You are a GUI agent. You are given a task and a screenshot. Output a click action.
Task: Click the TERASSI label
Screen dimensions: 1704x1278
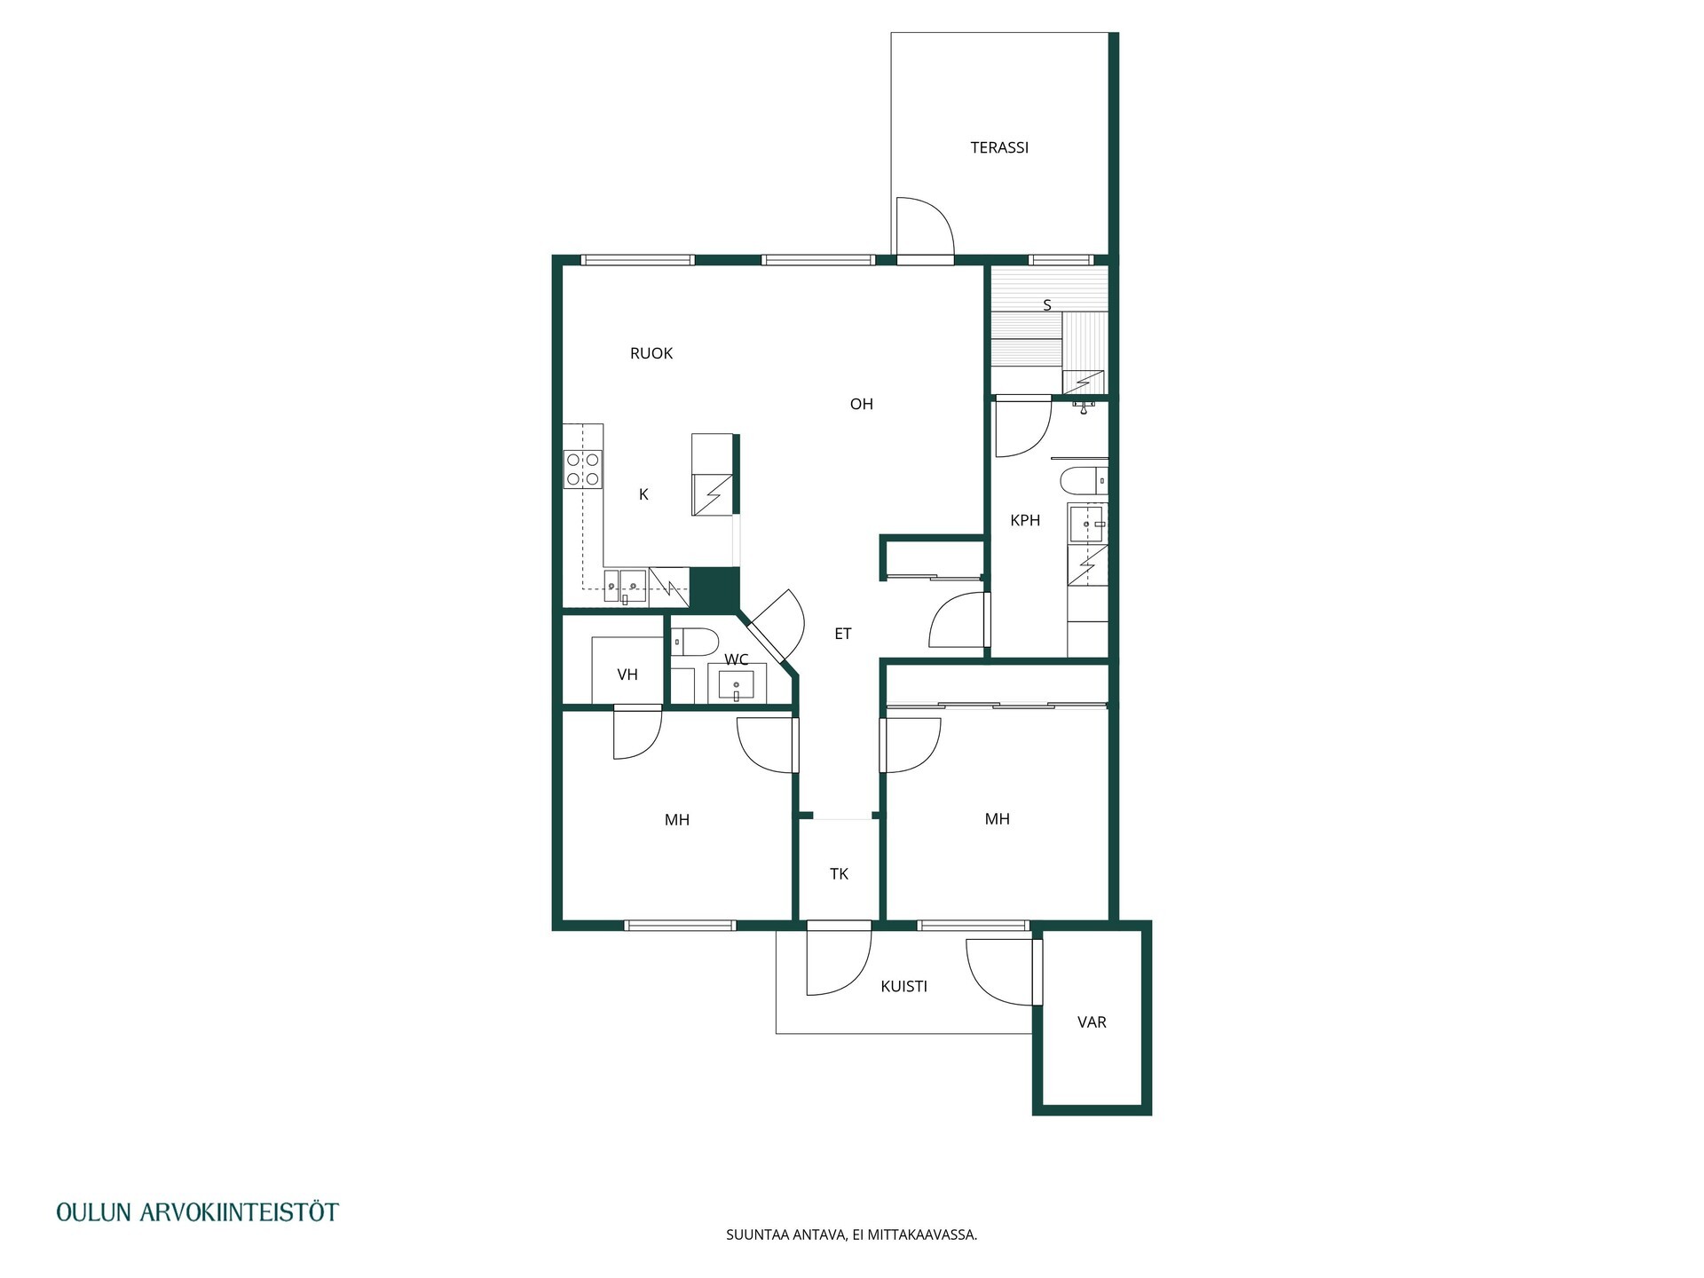(x=999, y=147)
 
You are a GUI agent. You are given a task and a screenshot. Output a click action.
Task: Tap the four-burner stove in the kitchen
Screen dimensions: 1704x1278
(x=583, y=469)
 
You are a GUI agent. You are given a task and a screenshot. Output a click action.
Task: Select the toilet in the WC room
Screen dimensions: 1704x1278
(x=694, y=641)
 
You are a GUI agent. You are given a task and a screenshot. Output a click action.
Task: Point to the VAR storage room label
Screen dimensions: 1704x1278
(x=1092, y=1022)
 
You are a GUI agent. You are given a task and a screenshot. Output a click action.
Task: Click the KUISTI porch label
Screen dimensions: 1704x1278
(x=903, y=986)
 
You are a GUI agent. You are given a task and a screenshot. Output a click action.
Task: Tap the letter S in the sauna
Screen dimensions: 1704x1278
(x=1047, y=305)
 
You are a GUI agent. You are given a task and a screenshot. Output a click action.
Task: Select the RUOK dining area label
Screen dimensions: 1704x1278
(x=651, y=353)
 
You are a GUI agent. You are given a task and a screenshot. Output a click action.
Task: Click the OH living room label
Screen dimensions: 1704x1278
(x=862, y=404)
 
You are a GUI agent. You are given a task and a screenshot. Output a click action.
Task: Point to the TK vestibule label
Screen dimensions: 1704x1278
(x=839, y=874)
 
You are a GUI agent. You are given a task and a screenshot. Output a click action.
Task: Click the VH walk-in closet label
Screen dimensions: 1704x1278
(x=627, y=674)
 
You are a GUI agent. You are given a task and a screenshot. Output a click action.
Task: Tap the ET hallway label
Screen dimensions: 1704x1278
(x=843, y=634)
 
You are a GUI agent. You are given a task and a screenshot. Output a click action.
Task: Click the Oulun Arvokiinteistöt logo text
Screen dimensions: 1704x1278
(x=197, y=1212)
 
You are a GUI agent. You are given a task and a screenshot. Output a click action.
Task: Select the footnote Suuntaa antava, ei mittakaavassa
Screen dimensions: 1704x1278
(x=851, y=1235)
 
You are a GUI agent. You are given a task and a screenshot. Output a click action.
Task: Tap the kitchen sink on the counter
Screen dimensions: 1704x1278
(x=625, y=586)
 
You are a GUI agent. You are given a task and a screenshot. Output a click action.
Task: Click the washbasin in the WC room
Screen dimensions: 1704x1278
(x=736, y=684)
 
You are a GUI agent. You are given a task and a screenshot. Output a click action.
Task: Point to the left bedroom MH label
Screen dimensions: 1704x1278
(x=677, y=820)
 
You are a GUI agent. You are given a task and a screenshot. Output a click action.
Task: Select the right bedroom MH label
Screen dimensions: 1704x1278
(x=998, y=819)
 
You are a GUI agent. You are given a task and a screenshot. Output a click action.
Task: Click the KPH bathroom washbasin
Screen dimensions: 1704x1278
(x=1087, y=524)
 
